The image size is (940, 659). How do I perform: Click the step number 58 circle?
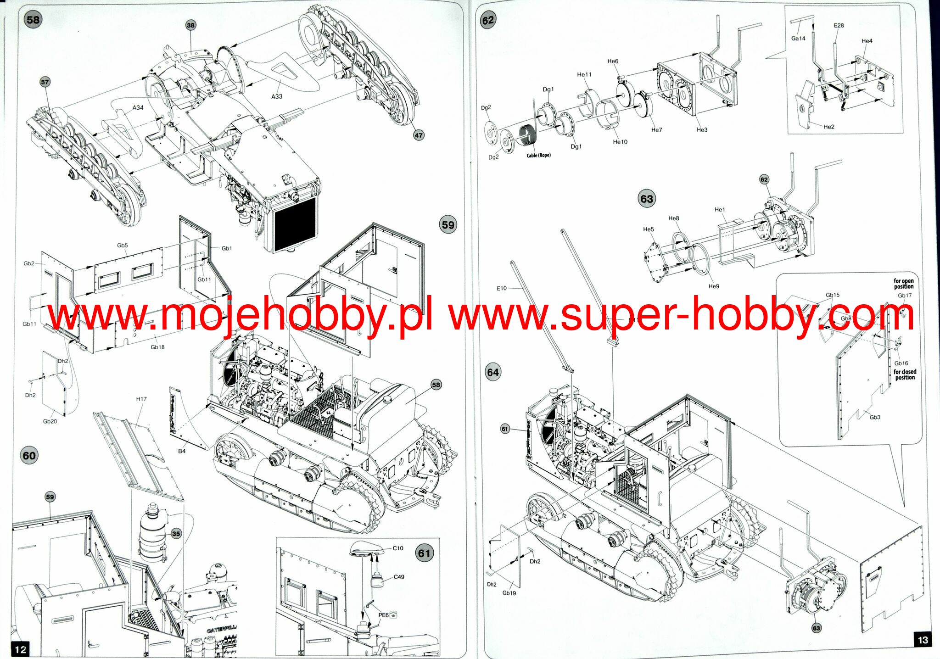coord(33,20)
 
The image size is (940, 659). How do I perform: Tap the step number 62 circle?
coord(488,20)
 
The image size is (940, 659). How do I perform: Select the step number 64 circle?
coord(493,372)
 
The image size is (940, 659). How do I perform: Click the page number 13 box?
coord(923,640)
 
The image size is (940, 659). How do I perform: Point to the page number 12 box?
coord(21,649)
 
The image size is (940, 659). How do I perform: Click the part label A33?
coord(277,96)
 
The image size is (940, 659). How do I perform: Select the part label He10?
coord(620,142)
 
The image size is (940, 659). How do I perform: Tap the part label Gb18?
coord(157,347)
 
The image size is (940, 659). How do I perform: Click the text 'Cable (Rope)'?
coord(538,155)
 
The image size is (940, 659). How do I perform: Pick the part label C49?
coord(399,577)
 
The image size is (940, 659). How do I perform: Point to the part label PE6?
coord(383,615)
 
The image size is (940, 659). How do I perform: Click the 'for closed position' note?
coord(905,374)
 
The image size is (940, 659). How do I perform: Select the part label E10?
coord(502,288)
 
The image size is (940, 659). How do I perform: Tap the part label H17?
coord(141,399)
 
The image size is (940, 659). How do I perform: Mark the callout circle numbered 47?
coord(419,135)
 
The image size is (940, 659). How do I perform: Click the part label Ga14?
coord(798,39)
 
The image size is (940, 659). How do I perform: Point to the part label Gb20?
coord(50,421)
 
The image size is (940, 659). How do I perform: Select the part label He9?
coord(714,286)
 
